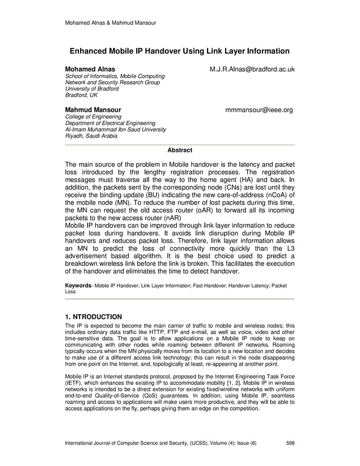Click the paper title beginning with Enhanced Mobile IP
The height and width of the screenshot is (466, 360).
coord(179,51)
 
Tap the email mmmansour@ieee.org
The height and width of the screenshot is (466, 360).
coord(259,109)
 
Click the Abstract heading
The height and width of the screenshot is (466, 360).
coord(180,150)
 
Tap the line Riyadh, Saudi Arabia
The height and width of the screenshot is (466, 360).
coord(93,136)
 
